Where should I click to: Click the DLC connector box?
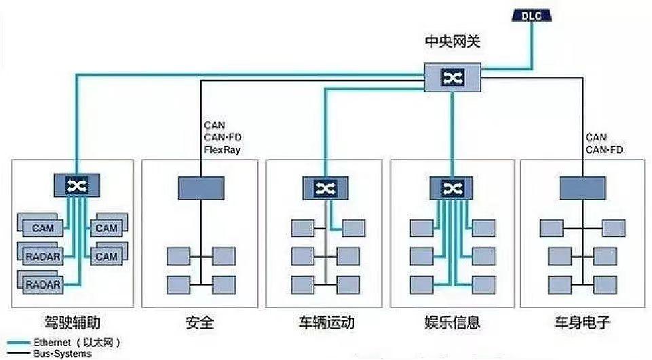point(531,16)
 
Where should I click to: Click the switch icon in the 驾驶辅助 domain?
point(77,185)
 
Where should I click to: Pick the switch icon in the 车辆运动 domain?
point(324,187)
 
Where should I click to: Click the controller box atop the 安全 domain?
point(201,187)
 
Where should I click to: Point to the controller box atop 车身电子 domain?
point(581,187)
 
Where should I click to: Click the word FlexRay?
point(222,150)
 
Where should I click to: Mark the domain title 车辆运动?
point(326,322)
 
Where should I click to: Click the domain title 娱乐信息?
point(453,322)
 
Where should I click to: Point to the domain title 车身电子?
point(581,322)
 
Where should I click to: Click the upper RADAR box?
point(42,256)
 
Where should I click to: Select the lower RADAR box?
point(42,284)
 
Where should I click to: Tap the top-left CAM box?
point(42,228)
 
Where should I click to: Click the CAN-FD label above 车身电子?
point(605,150)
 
